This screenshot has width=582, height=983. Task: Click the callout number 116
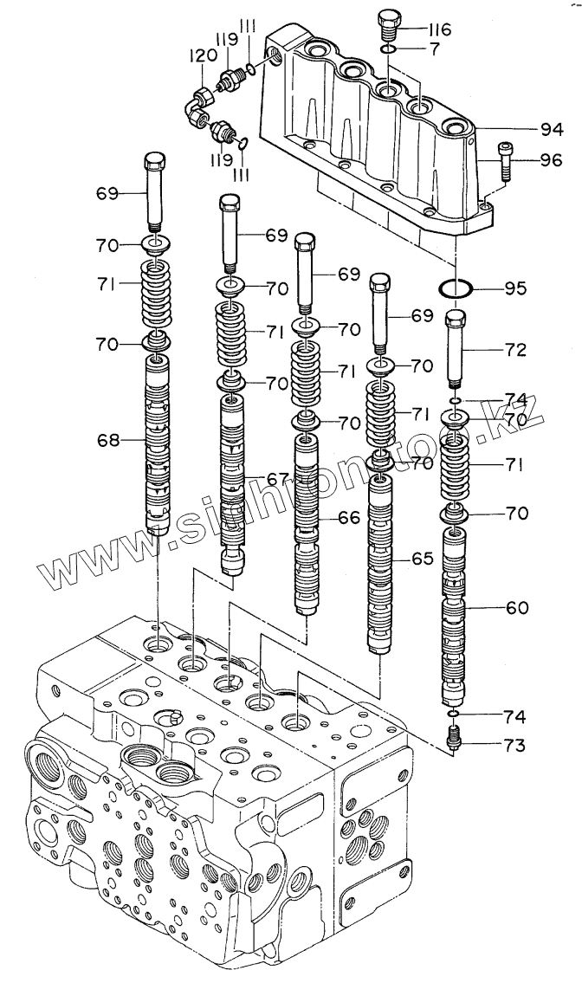coord(439,31)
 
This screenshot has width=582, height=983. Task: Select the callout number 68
coord(108,441)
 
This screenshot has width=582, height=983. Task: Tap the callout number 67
coord(276,479)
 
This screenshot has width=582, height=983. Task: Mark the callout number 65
coord(422,559)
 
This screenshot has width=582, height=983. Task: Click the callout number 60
coord(516,608)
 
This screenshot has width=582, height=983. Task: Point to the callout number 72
coord(516,349)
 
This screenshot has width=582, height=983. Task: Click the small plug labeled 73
coord(454,737)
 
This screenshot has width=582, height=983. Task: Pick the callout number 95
coord(516,288)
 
